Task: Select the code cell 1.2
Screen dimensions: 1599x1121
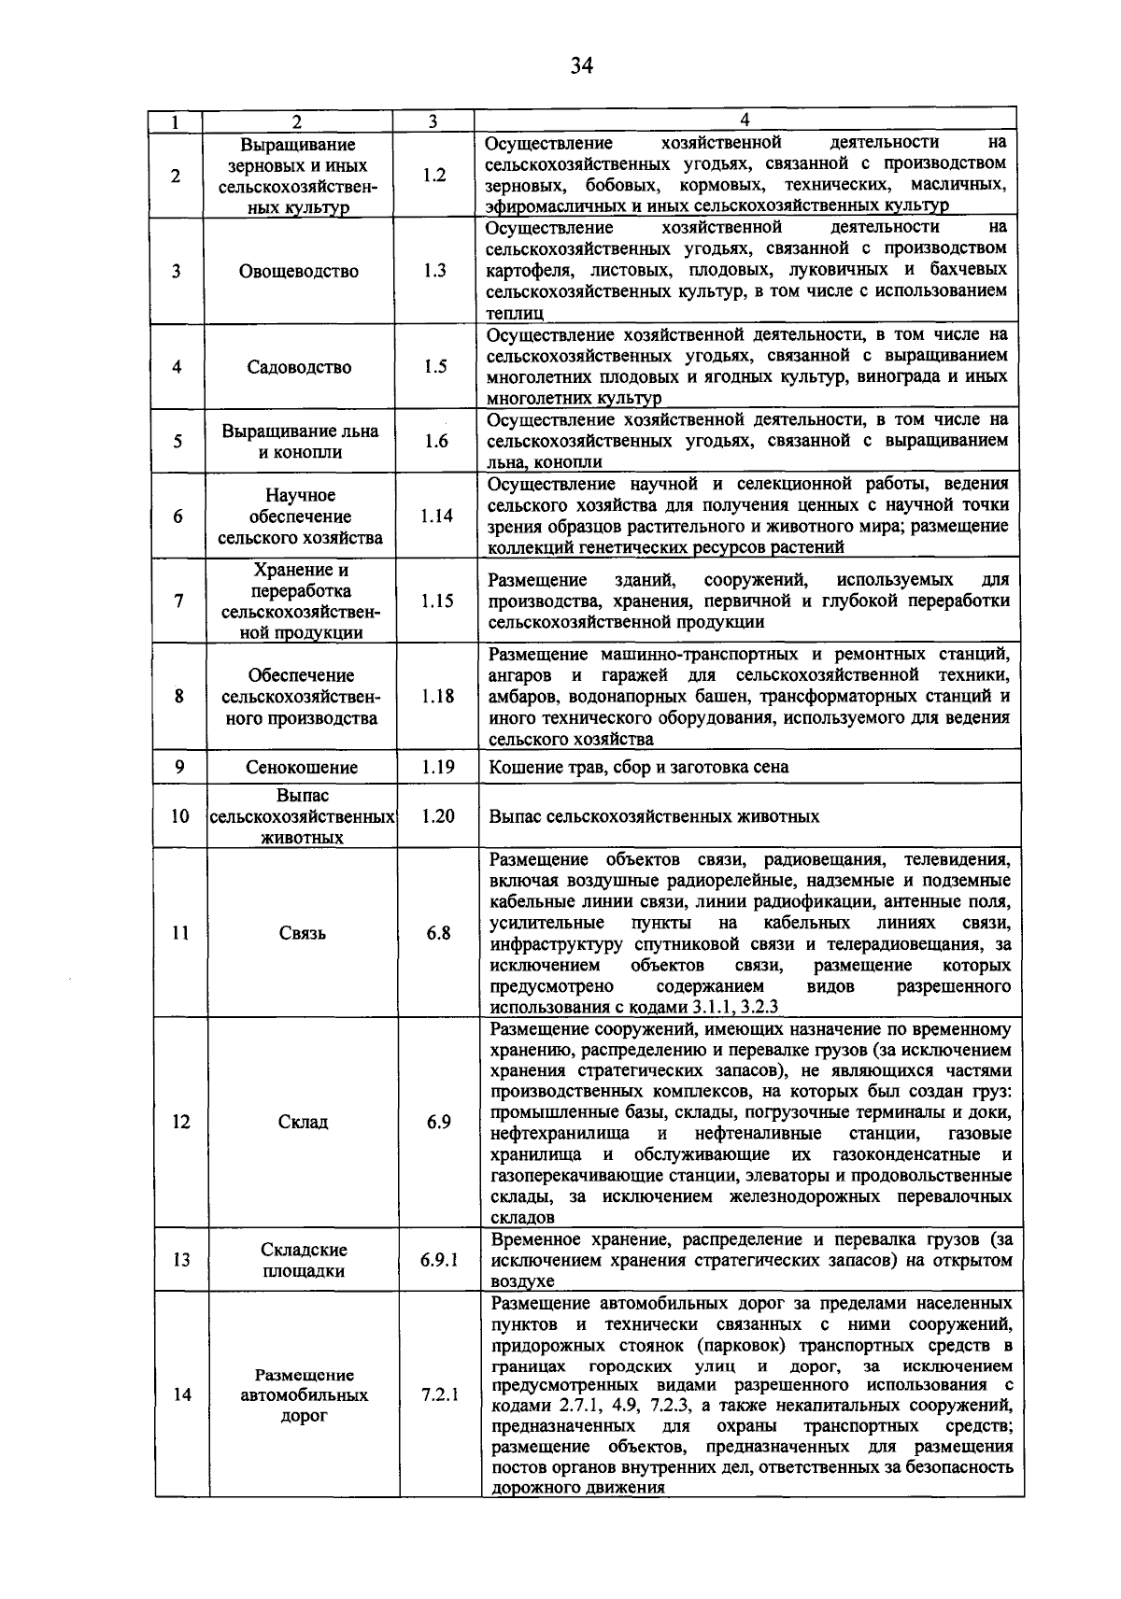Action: [434, 175]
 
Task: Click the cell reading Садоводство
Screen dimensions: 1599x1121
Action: [299, 367]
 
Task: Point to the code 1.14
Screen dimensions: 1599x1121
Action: [436, 516]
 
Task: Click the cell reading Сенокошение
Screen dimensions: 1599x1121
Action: [302, 768]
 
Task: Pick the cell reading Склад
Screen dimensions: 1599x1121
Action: [303, 1122]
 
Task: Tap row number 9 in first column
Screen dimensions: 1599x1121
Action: [178, 767]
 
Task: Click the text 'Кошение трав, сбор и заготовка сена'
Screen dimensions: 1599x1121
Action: [639, 768]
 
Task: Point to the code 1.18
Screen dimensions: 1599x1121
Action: [437, 697]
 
